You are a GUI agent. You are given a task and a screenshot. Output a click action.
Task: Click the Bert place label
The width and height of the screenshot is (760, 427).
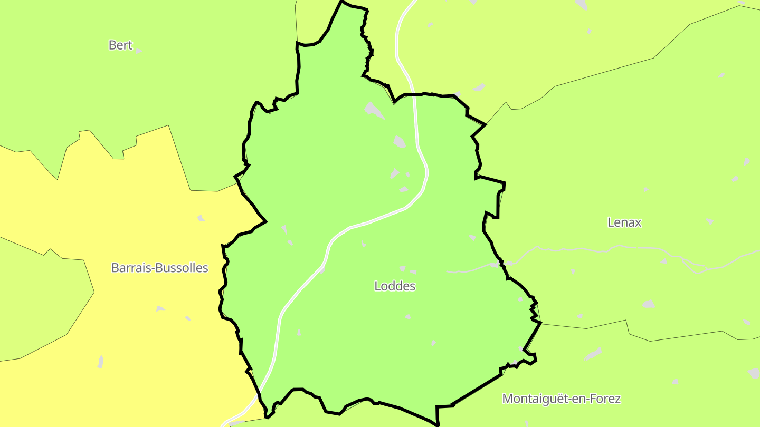pos(120,45)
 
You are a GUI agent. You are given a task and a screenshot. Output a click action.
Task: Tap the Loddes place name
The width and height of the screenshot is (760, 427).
pos(395,286)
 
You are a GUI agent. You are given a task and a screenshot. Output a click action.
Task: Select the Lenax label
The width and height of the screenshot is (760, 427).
pos(624,222)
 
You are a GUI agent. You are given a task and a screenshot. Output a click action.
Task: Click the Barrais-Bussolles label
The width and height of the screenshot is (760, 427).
pos(159,268)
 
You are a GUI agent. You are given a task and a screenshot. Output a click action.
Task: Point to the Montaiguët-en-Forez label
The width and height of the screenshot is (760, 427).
pos(561,399)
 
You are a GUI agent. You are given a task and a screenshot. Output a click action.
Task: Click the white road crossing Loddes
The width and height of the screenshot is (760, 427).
pos(380,217)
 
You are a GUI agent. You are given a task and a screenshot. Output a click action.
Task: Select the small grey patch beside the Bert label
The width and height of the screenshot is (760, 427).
pos(139,51)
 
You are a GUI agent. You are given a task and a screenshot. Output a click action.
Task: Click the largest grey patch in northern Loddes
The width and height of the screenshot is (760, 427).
pos(374,110)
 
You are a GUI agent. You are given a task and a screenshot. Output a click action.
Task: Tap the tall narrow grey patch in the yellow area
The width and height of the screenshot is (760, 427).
pos(100,362)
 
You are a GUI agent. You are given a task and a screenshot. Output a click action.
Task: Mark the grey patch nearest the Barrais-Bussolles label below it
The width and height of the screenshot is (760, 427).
pos(160,308)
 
